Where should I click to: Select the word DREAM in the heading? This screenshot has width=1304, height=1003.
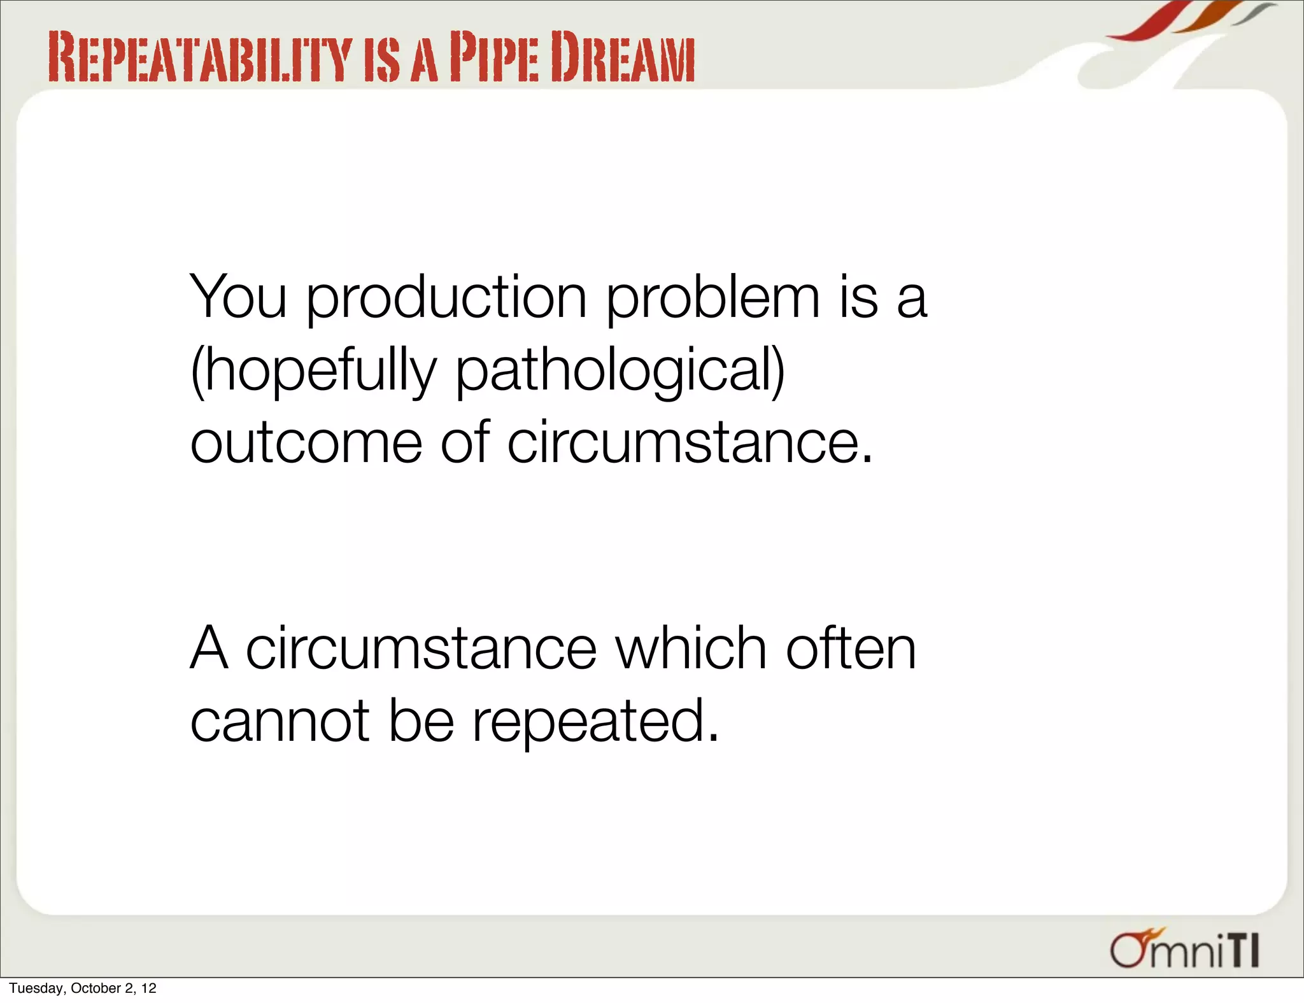click(622, 57)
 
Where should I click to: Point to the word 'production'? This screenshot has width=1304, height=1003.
click(446, 298)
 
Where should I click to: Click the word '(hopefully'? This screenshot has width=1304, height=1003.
click(313, 371)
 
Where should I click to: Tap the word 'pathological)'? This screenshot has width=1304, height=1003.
click(621, 371)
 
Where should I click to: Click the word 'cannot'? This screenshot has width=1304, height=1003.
click(280, 721)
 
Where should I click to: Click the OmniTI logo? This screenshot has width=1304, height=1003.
click(1184, 950)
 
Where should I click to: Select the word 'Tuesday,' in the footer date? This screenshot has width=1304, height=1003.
click(37, 988)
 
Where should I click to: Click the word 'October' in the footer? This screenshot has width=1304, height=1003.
click(96, 988)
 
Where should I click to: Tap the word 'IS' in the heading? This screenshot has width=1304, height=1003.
click(381, 59)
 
